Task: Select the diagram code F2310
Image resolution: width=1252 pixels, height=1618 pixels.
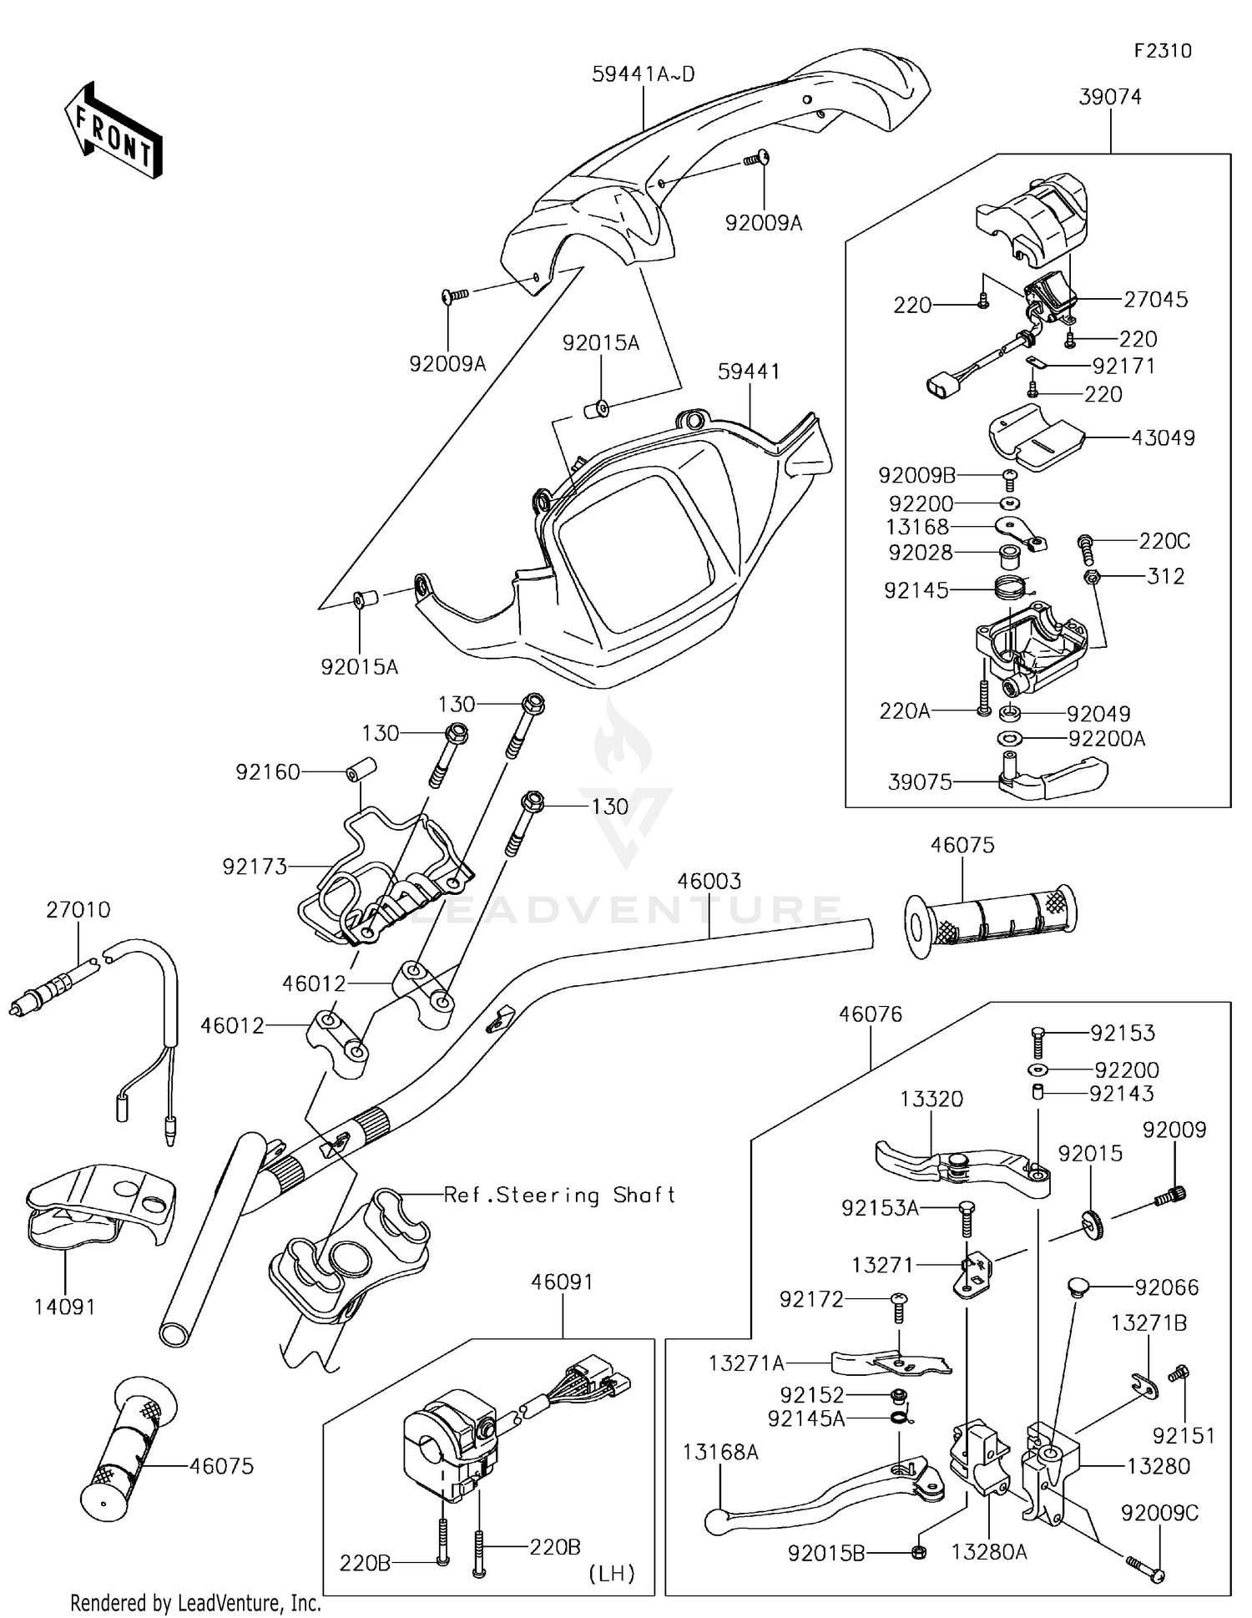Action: click(x=1163, y=51)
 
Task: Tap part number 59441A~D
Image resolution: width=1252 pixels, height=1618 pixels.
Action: click(x=644, y=74)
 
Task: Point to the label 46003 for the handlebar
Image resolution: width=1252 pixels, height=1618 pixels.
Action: click(x=709, y=881)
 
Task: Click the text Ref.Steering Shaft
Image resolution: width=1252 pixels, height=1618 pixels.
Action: click(x=559, y=1195)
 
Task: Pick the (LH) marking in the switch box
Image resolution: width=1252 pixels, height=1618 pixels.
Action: click(x=612, y=1574)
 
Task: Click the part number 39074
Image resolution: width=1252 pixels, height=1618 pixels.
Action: click(x=1110, y=97)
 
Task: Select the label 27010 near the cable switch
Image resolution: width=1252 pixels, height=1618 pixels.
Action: click(x=78, y=909)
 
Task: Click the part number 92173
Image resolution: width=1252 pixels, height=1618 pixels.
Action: click(x=255, y=867)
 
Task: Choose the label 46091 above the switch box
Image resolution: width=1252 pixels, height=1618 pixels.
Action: click(x=562, y=1282)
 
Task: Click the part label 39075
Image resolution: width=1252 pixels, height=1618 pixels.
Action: click(x=920, y=782)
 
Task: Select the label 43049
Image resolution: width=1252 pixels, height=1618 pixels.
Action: click(x=1164, y=437)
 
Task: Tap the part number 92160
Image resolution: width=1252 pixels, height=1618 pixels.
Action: click(x=268, y=772)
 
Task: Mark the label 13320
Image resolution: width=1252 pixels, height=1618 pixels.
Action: click(x=931, y=1099)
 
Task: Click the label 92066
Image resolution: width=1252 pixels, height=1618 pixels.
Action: click(x=1167, y=1287)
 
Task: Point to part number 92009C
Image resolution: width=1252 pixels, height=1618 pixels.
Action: click(x=1160, y=1513)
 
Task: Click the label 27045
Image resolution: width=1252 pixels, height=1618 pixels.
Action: click(x=1155, y=299)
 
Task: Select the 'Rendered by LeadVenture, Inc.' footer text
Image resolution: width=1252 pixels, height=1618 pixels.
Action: click(x=195, y=1602)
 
